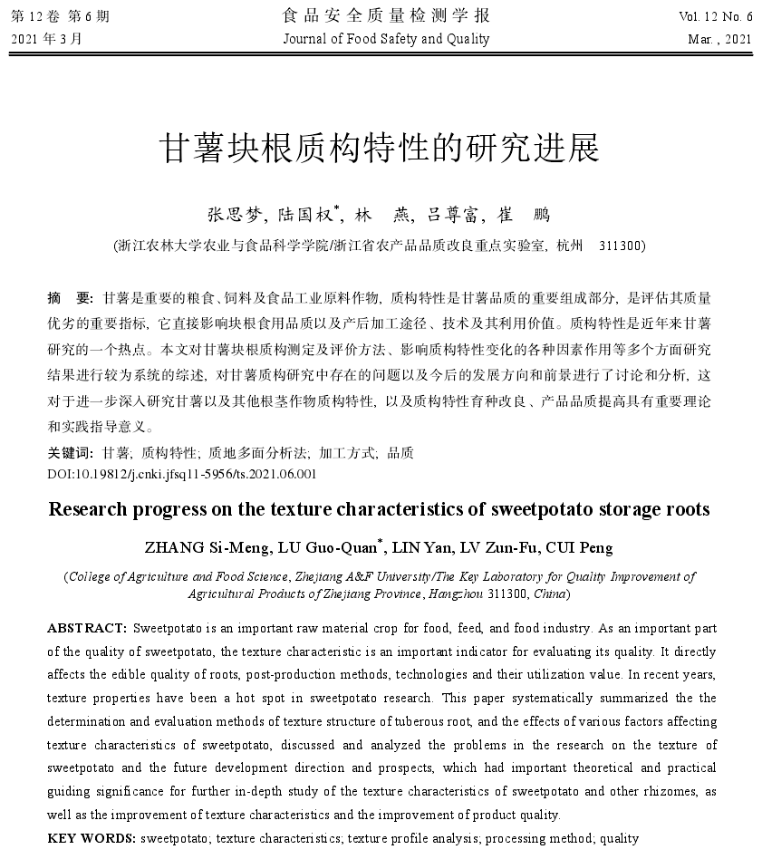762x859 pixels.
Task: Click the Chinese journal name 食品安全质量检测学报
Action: pyautogui.click(x=386, y=15)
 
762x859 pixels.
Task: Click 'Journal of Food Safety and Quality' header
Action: pyautogui.click(x=386, y=39)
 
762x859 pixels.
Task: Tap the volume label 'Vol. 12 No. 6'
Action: pyautogui.click(x=715, y=16)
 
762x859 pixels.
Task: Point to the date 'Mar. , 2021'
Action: pyautogui.click(x=720, y=39)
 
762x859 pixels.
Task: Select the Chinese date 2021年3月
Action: pyautogui.click(x=46, y=39)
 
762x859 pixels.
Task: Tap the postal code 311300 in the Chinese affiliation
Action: pyautogui.click(x=622, y=246)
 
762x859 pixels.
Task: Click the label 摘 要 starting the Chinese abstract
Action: pyautogui.click(x=69, y=297)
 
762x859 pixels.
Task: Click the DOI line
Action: pyautogui.click(x=181, y=473)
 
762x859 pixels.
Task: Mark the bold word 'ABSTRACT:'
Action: pyautogui.click(x=87, y=628)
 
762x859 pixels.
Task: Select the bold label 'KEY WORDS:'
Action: pyautogui.click(x=92, y=838)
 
